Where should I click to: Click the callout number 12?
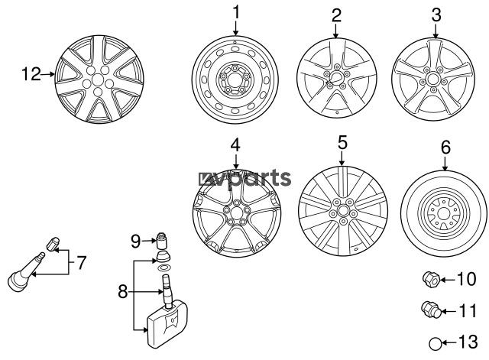[x=31, y=74]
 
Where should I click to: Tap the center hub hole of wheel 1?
[x=235, y=79]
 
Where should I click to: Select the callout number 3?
[x=436, y=15]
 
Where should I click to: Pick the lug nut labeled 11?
[x=431, y=310]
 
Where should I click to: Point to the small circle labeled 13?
[x=436, y=343]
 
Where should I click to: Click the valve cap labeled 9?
[x=161, y=240]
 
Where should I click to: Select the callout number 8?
[x=122, y=292]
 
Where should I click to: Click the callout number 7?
[x=81, y=263]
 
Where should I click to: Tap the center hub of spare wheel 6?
[x=443, y=214]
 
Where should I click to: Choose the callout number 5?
[x=342, y=143]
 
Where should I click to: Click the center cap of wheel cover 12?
[x=98, y=79]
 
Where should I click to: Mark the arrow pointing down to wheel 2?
[x=336, y=31]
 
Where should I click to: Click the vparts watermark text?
[x=244, y=179]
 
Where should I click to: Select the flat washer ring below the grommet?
[x=164, y=268]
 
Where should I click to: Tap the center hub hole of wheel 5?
[x=342, y=210]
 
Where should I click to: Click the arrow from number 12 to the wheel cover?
[x=47, y=74]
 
